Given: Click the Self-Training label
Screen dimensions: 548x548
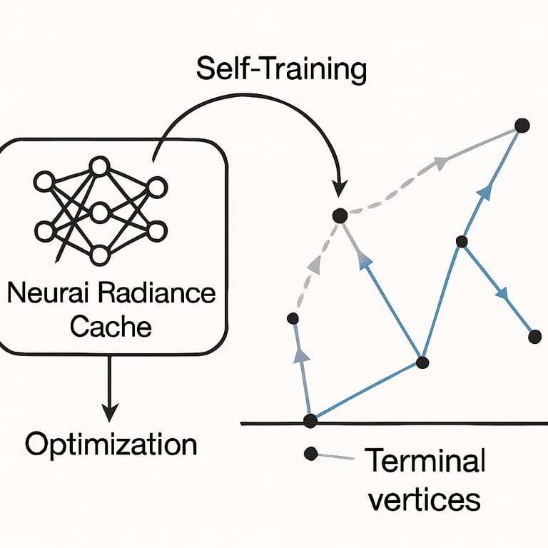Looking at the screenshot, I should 280,70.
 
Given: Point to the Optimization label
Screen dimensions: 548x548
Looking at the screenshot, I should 111,444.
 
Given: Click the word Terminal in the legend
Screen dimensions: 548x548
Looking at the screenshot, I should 425,462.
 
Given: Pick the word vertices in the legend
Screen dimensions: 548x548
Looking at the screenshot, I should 424,499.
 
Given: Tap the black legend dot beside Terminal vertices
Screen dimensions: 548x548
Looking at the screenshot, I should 310,452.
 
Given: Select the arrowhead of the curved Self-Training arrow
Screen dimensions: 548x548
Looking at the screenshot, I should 340,187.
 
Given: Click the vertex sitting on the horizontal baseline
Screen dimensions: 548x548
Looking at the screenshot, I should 310,421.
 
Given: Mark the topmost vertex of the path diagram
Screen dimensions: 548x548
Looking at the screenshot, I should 522,126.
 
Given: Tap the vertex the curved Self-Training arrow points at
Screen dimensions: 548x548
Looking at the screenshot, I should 340,214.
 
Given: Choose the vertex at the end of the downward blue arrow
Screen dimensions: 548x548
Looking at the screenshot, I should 534,336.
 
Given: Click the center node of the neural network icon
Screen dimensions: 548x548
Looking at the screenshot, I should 99,211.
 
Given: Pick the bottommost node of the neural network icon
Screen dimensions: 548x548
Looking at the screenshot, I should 99,255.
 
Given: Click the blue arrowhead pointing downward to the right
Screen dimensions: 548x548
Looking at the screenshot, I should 503,293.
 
